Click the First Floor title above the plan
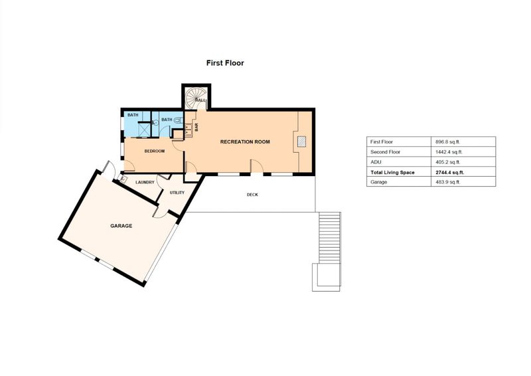[x=225, y=63]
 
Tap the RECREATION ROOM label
[x=245, y=141]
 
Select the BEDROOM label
[x=155, y=151]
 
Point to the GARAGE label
[x=121, y=226]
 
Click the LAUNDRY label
[x=145, y=183]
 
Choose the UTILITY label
[x=177, y=193]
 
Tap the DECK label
[x=252, y=195]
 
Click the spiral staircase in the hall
[x=195, y=98]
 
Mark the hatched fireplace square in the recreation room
[x=301, y=141]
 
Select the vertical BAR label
[x=196, y=128]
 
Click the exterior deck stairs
[x=329, y=238]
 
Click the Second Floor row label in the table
[x=385, y=152]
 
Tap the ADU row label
[x=376, y=162]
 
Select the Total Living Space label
[x=392, y=172]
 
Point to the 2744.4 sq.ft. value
[x=450, y=172]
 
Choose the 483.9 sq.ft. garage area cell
[x=447, y=182]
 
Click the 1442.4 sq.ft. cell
[x=449, y=152]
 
